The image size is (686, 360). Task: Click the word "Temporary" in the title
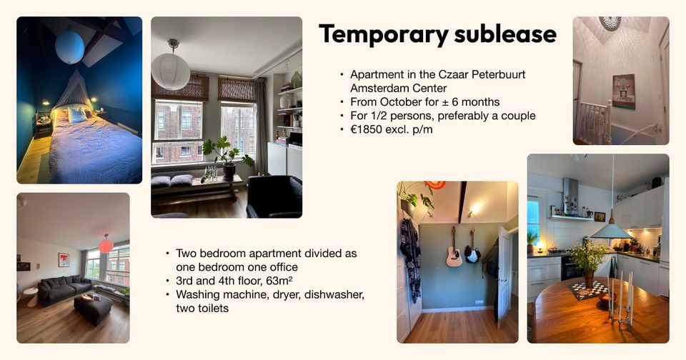tap(384, 34)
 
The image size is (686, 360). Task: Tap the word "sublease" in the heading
tap(505, 34)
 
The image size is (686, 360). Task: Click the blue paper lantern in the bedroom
tap(69, 46)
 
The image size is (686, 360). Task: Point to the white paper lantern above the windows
tap(171, 71)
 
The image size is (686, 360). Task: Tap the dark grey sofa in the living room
tap(65, 289)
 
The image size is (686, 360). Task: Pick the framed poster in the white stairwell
tap(624, 91)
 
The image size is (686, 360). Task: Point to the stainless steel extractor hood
tap(570, 197)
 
